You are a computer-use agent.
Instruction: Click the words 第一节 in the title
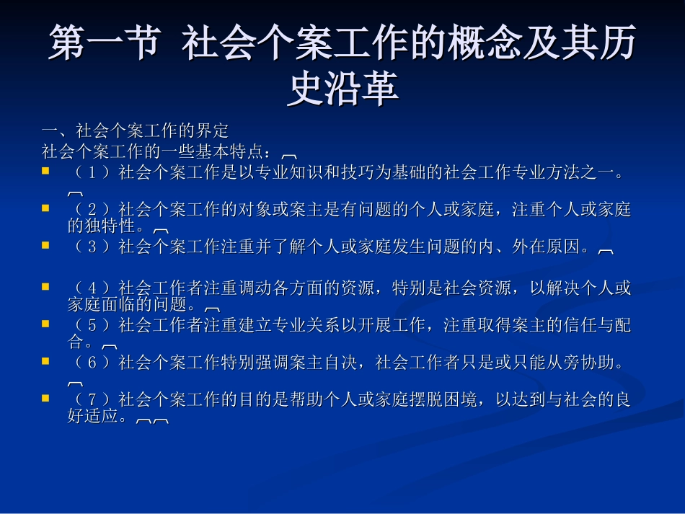coord(103,45)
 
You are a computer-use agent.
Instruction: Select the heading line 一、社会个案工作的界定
coord(135,130)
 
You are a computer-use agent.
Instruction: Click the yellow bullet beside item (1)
coord(45,172)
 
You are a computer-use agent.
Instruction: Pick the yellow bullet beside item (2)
coord(45,208)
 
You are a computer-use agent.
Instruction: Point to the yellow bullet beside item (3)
coord(45,245)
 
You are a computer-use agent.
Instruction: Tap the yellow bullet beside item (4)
coord(45,287)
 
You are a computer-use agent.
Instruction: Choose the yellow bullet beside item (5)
coord(45,323)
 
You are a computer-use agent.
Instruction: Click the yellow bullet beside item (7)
coord(45,397)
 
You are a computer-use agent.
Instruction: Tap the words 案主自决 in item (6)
coord(321,362)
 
